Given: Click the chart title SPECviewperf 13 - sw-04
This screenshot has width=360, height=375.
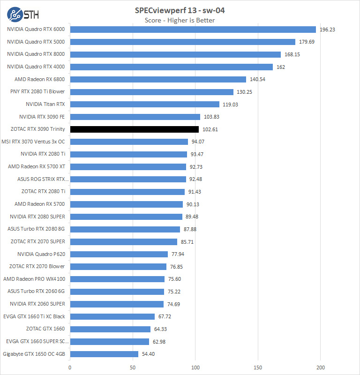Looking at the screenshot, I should [180, 11].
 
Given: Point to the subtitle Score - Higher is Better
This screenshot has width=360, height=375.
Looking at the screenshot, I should [180, 20].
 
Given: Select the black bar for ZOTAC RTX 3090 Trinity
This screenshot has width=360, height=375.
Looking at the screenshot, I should [134, 129].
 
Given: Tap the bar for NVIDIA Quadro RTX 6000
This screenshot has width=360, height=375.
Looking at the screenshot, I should [193, 29].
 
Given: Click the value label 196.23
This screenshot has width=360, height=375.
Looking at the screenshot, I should [328, 30].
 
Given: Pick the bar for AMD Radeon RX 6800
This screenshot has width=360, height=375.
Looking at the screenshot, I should [158, 79].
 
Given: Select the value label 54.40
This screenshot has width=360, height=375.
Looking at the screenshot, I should [148, 354].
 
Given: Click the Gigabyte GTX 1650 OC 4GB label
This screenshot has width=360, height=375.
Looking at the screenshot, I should [34, 354].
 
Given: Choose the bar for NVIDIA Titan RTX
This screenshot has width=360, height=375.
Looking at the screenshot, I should [144, 104].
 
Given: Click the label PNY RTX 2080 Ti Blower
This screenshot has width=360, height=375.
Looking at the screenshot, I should [37, 91].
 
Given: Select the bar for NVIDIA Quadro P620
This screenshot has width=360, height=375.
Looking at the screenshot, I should [119, 254].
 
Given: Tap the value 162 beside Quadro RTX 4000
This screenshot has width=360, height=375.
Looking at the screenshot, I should [280, 67].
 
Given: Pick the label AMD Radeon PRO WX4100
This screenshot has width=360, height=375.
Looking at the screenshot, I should [34, 279].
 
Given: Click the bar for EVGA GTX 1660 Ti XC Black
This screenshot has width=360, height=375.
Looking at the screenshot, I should [112, 316].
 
